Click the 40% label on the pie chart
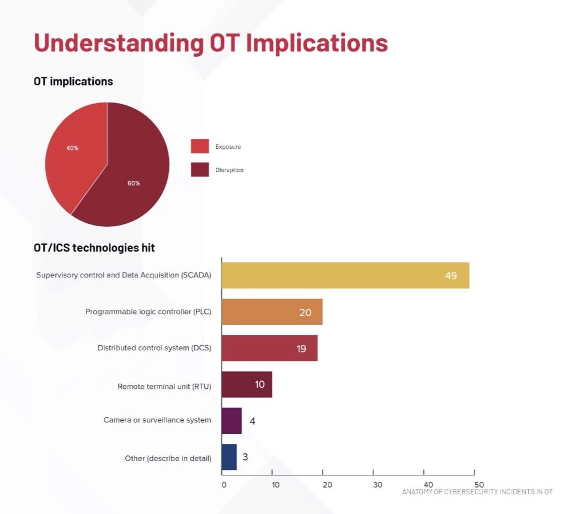pyautogui.click(x=72, y=148)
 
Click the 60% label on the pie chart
pyautogui.click(x=134, y=183)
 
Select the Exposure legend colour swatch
pyautogui.click(x=200, y=146)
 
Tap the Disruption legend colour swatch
pyautogui.click(x=200, y=170)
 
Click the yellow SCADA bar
pyautogui.click(x=345, y=276)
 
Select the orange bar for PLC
pyautogui.click(x=272, y=312)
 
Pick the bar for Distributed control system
pyautogui.click(x=269, y=349)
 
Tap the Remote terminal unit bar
pyautogui.click(x=247, y=385)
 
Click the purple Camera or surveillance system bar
pyautogui.click(x=232, y=421)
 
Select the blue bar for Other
pyautogui.click(x=229, y=457)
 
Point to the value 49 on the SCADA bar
pyautogui.click(x=451, y=276)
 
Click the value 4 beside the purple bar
pyautogui.click(x=253, y=421)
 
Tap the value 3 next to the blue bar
pyautogui.click(x=246, y=457)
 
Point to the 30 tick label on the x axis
pyautogui.click(x=377, y=485)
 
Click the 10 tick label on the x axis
pyautogui.click(x=276, y=485)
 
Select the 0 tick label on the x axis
pyautogui.click(x=224, y=485)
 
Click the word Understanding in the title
pyautogui.click(x=119, y=44)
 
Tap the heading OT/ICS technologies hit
pyautogui.click(x=94, y=248)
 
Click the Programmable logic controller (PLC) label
pyautogui.click(x=148, y=312)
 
